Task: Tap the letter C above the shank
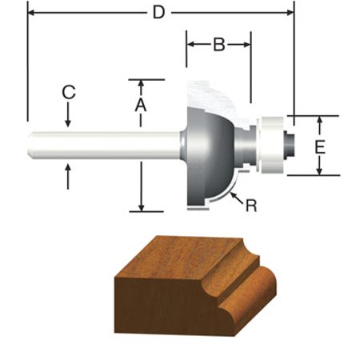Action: click(x=69, y=93)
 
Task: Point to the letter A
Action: click(x=140, y=105)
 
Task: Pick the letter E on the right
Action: click(x=319, y=146)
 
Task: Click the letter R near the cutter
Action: click(x=250, y=206)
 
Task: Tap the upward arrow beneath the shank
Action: click(x=69, y=169)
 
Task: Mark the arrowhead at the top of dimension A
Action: click(x=140, y=84)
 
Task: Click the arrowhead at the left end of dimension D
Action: click(x=32, y=14)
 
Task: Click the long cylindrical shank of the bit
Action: click(x=104, y=146)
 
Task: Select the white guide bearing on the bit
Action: click(x=271, y=146)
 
